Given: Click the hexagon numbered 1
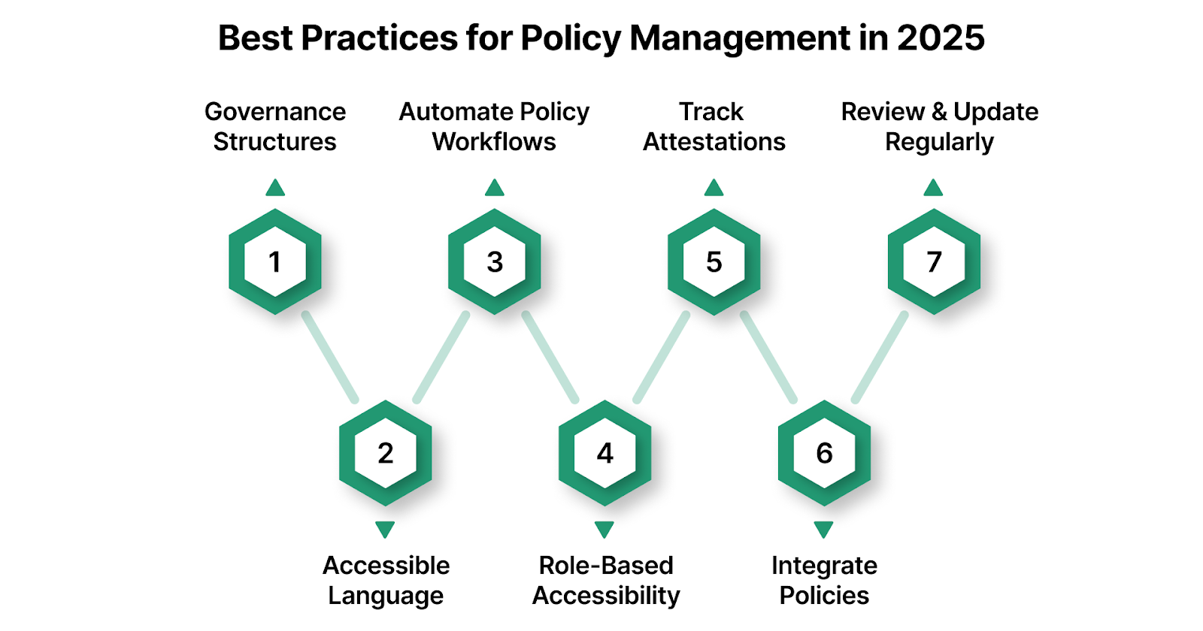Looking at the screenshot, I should tap(275, 261).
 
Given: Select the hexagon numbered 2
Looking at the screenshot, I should tap(385, 453).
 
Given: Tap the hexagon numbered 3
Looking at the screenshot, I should tap(495, 261).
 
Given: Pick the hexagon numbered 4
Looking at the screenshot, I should tap(605, 453).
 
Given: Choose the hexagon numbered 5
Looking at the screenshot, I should tap(714, 261).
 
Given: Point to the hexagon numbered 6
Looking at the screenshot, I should tap(824, 453).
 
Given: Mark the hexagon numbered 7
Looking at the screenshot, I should tap(934, 261).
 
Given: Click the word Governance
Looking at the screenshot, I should tap(275, 112).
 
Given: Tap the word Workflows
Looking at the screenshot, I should tap(494, 142).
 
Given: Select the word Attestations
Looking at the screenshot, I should tap(714, 142).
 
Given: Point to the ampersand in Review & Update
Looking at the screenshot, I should tap(939, 112).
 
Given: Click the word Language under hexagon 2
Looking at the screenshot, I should tap(386, 596).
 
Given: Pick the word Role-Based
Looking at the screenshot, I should tap(606, 565).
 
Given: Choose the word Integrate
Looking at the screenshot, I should tap(824, 565).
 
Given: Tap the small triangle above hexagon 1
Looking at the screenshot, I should tap(275, 188).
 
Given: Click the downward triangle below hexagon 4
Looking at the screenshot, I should tap(605, 530).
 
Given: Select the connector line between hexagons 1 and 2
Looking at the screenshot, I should tap(330, 358).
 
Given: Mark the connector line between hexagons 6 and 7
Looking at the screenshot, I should tap(880, 358).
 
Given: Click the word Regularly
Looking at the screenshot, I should tap(939, 142).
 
